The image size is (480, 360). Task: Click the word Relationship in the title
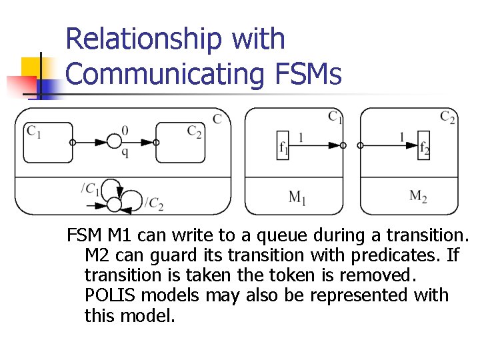(x=145, y=39)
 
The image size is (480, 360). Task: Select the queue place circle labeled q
(x=115, y=142)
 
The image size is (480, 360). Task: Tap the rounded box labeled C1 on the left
(x=47, y=142)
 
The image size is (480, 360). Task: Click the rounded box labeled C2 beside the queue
(x=181, y=142)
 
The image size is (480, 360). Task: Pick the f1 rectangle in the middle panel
(x=284, y=145)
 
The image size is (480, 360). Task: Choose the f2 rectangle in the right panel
(x=424, y=145)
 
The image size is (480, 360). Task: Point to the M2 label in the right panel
(x=418, y=196)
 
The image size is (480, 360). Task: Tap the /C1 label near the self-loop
(x=90, y=188)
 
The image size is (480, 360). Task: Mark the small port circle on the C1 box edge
(x=73, y=142)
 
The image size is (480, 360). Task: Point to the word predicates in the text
(x=383, y=255)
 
